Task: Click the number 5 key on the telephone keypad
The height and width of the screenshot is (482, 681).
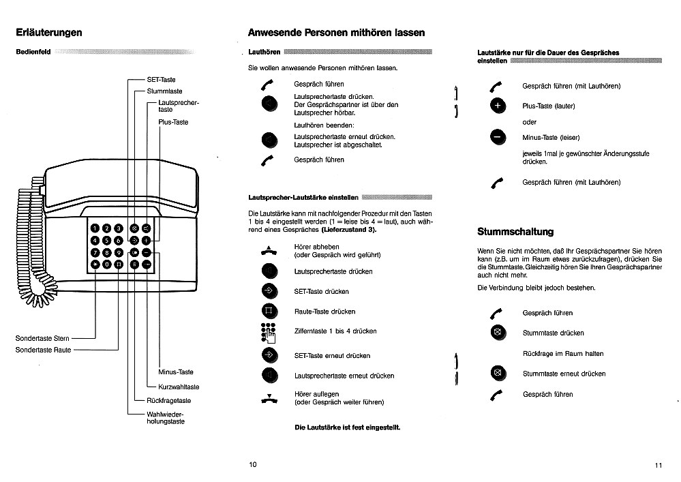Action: pos(106,240)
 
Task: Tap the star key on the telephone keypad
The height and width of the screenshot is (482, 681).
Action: pos(95,264)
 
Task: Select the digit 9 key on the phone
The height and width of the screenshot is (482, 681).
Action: pos(118,252)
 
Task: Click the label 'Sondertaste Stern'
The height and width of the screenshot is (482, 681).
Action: pos(42,338)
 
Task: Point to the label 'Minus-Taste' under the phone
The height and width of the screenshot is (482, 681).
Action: pos(176,372)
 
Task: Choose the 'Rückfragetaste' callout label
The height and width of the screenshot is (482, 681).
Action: pos(168,401)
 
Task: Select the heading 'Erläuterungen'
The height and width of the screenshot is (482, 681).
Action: pos(49,32)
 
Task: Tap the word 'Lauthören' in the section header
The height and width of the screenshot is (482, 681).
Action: pos(265,52)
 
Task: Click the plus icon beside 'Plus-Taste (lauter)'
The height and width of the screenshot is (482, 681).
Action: pos(497,106)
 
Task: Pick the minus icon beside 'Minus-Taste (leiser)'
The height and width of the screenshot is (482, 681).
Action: pos(497,137)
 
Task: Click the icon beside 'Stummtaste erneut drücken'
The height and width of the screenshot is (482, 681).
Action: pos(498,374)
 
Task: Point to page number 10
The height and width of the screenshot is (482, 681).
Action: pos(252,464)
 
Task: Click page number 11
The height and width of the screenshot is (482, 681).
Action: pos(658,465)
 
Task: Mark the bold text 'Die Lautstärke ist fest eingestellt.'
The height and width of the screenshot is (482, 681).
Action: pos(347,427)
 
